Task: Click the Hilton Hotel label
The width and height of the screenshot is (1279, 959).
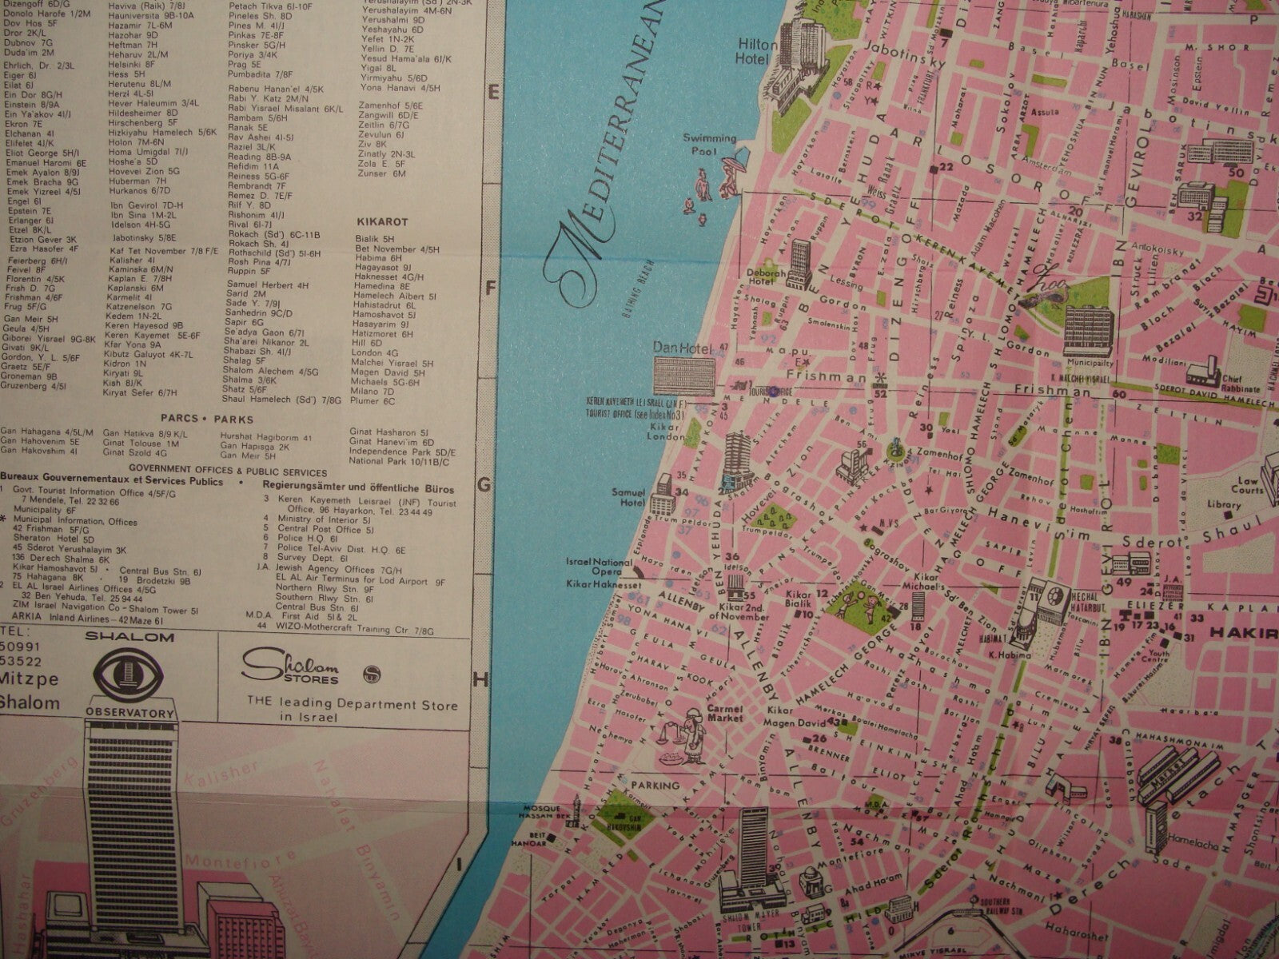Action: [x=754, y=50]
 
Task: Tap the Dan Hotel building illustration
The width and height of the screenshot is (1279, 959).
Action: [x=684, y=373]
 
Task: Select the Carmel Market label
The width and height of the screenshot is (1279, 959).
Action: [x=724, y=713]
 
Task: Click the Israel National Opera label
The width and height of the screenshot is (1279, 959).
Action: [x=598, y=567]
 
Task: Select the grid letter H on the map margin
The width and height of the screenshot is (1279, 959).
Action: [x=481, y=680]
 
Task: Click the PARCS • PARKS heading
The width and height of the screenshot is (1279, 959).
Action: [x=206, y=419]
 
